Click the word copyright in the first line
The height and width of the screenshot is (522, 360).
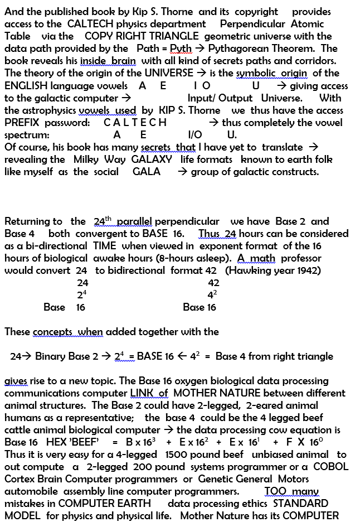(x=256, y=12)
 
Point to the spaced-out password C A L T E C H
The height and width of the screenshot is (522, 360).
(x=135, y=123)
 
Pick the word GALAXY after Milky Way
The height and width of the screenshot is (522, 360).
(x=152, y=159)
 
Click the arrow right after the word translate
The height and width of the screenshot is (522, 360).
(x=313, y=147)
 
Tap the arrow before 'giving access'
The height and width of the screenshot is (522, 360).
(x=281, y=86)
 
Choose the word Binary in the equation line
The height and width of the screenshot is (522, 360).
(x=55, y=356)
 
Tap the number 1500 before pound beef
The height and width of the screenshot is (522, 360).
(x=179, y=455)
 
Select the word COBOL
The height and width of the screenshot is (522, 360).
(x=330, y=467)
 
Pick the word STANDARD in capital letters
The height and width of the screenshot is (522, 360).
(x=301, y=504)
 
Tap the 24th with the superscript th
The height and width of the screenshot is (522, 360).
(x=103, y=221)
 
